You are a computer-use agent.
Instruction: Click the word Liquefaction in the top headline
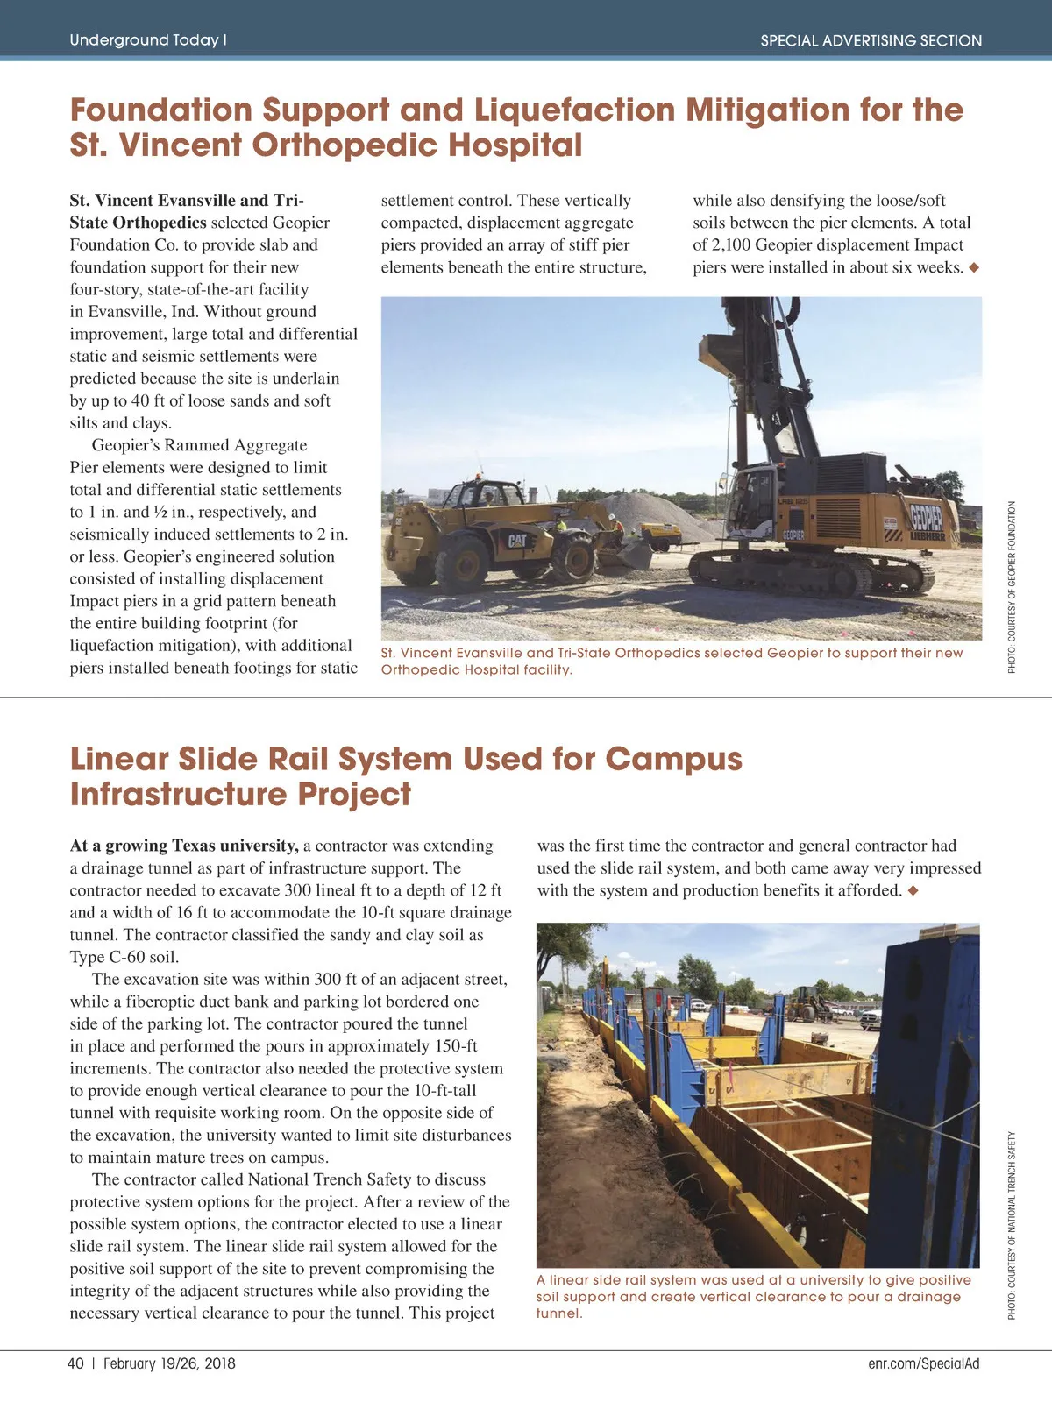(574, 110)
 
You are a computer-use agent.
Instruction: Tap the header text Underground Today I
(148, 40)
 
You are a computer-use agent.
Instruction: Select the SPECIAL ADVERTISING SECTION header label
(871, 40)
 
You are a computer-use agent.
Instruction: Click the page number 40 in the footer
(75, 1363)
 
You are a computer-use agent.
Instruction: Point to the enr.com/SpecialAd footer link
(923, 1363)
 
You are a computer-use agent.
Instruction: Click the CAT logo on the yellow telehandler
(517, 541)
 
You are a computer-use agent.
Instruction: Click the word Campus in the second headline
(673, 759)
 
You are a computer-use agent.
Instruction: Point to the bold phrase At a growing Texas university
(184, 846)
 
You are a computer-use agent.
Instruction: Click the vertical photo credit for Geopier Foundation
(1012, 587)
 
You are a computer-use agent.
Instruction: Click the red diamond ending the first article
(973, 267)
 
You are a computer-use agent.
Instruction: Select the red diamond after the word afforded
(913, 891)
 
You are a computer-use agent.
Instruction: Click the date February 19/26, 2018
(169, 1363)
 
